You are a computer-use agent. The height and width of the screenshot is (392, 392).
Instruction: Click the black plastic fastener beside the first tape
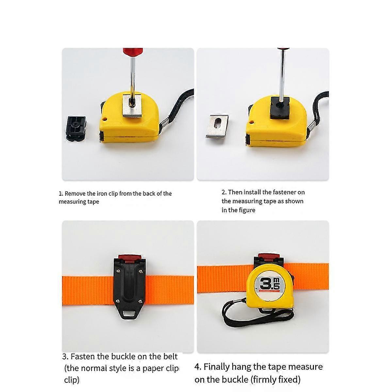(76, 128)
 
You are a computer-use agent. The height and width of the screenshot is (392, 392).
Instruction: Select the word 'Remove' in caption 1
(75, 193)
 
